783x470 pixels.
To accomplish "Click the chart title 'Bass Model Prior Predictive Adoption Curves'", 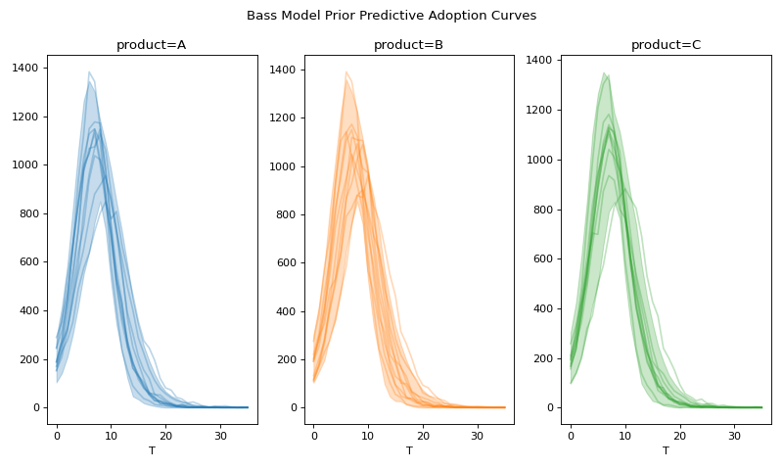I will [391, 16].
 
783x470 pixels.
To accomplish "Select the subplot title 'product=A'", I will [152, 45].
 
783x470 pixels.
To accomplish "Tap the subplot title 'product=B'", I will [409, 45].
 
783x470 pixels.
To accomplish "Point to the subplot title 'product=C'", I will [666, 45].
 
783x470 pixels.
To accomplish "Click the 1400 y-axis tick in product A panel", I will [26, 69].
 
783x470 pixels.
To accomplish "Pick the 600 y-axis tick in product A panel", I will [29, 262].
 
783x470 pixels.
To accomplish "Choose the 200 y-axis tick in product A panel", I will [29, 359].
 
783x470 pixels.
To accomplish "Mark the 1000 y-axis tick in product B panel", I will [284, 166].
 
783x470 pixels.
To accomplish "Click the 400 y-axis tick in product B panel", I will [287, 311].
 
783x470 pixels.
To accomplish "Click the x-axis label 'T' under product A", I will [152, 451].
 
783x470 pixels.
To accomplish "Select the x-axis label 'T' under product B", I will [409, 451].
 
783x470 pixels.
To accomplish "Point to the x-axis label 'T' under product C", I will [666, 451].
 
